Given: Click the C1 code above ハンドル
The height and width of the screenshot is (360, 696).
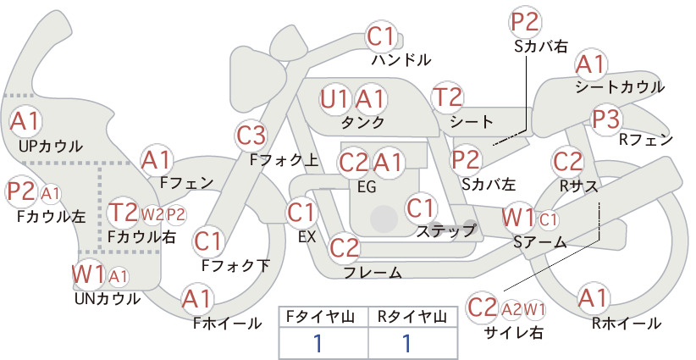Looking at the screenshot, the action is pyautogui.click(x=381, y=36).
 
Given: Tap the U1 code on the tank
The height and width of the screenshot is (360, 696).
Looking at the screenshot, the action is pyautogui.click(x=335, y=99).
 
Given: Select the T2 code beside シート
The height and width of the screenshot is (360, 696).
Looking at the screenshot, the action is pyautogui.click(x=448, y=97).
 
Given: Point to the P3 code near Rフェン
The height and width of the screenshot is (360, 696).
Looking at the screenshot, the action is pyautogui.click(x=606, y=119).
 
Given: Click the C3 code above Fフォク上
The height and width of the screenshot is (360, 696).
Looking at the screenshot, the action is pyautogui.click(x=251, y=136).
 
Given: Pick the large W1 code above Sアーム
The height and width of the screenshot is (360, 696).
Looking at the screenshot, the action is pyautogui.click(x=518, y=218).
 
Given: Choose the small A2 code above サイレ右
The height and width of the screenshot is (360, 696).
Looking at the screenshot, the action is pyautogui.click(x=511, y=309).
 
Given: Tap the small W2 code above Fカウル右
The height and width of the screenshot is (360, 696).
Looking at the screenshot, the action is pyautogui.click(x=152, y=215).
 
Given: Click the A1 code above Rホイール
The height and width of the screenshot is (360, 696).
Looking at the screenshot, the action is pyautogui.click(x=593, y=298).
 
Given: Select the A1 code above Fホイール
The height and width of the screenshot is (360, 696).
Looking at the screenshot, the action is pyautogui.click(x=196, y=299).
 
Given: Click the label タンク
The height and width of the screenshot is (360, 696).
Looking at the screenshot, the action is pyautogui.click(x=362, y=122).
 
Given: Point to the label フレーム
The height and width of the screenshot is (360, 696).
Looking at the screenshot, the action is pyautogui.click(x=373, y=272).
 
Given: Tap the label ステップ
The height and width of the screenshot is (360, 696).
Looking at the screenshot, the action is pyautogui.click(x=445, y=230).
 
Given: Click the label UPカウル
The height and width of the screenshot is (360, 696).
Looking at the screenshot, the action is pyautogui.click(x=51, y=146).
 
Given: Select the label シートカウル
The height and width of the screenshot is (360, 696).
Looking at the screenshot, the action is pyautogui.click(x=620, y=87).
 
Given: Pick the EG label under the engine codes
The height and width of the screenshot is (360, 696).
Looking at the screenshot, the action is pyautogui.click(x=367, y=187).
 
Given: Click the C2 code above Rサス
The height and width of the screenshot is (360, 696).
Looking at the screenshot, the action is pyautogui.click(x=567, y=162).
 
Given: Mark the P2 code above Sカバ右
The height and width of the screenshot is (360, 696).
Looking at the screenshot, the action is pyautogui.click(x=525, y=22).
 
